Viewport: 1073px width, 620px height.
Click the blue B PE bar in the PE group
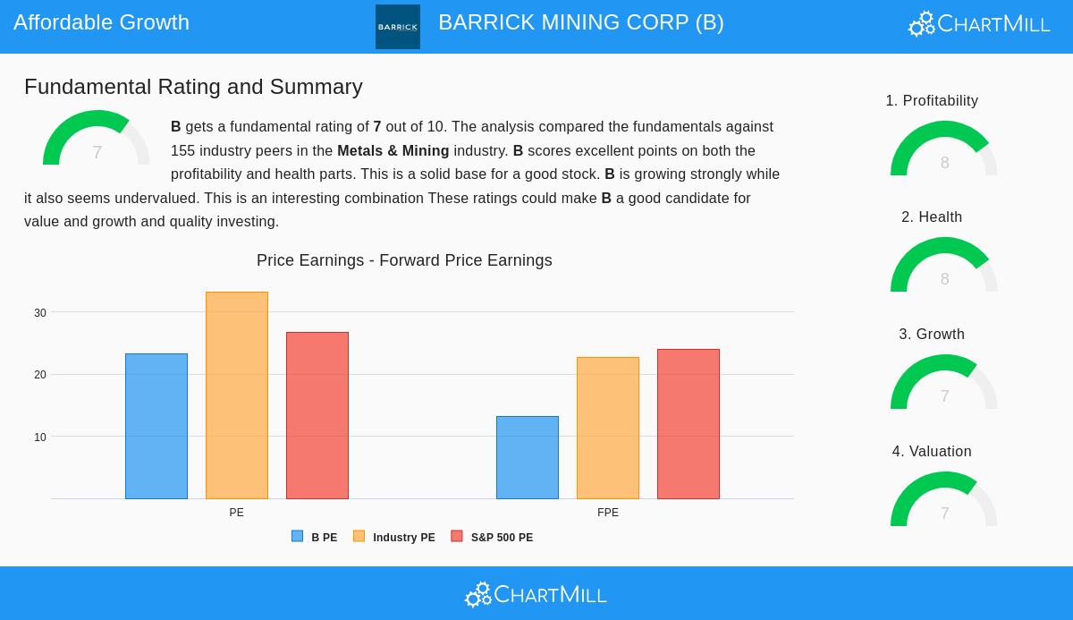click(156, 426)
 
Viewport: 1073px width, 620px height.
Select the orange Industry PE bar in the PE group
click(237, 395)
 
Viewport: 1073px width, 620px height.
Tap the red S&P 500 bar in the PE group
click(317, 415)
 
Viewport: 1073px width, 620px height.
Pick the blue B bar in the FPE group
click(528, 457)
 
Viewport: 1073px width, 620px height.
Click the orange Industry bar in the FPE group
click(608, 428)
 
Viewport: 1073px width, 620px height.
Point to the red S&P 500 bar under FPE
click(689, 424)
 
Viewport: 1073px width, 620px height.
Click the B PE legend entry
click(315, 537)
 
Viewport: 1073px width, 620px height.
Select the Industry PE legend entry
click(394, 537)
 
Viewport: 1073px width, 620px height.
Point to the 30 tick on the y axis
click(40, 313)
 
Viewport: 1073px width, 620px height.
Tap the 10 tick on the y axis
click(40, 437)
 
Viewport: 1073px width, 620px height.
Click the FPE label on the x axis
click(608, 513)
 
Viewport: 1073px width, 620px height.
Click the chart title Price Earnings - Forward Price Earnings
click(404, 260)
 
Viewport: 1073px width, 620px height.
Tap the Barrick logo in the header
click(398, 27)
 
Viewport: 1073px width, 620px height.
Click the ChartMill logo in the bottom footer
click(536, 594)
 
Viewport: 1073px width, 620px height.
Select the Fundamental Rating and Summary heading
click(193, 87)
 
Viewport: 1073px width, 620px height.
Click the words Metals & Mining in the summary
click(393, 151)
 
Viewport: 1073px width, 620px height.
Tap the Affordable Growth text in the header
click(101, 22)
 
